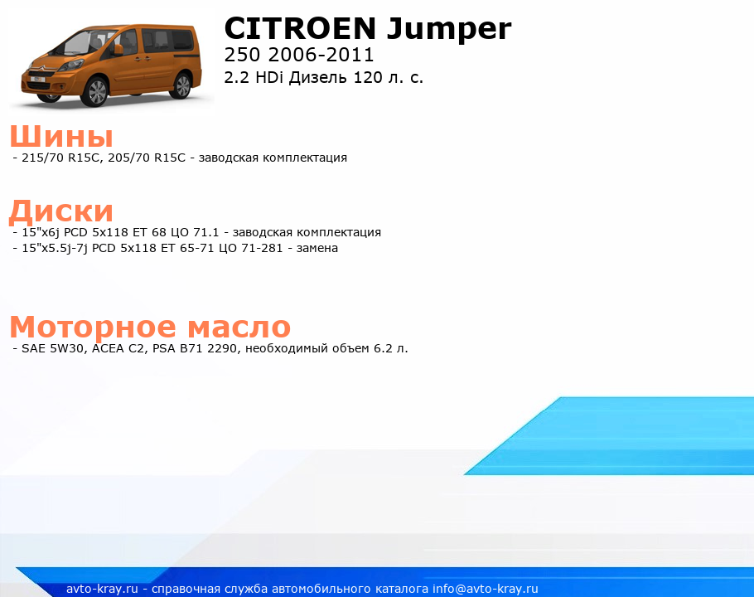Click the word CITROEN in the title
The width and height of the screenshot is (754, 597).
pyautogui.click(x=300, y=28)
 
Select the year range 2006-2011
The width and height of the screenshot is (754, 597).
pyautogui.click(x=321, y=55)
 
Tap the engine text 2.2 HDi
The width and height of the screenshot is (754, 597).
pyautogui.click(x=254, y=77)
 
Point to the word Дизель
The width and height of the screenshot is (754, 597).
pyautogui.click(x=318, y=78)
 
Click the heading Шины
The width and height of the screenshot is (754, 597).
pyautogui.click(x=61, y=136)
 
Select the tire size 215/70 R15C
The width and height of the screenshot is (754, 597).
pyautogui.click(x=61, y=158)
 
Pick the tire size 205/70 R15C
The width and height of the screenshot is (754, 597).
pyautogui.click(x=147, y=158)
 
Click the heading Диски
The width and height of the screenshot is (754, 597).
pyautogui.click(x=61, y=211)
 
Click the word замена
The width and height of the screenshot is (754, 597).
pyautogui.click(x=317, y=248)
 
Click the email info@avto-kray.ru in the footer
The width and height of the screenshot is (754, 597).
pyautogui.click(x=486, y=589)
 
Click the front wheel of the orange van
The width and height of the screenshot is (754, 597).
pyautogui.click(x=94, y=91)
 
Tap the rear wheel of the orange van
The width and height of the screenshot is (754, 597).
pyautogui.click(x=183, y=85)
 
